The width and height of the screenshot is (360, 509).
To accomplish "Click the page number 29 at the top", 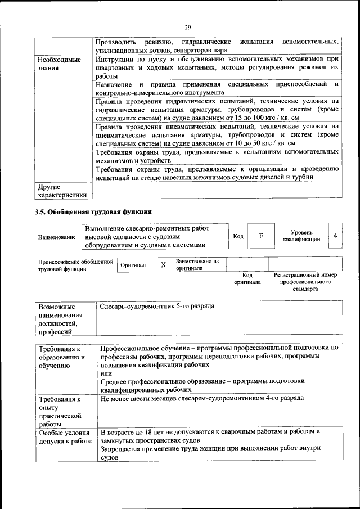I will click(188, 27).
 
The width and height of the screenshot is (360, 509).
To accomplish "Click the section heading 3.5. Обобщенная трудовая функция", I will click(93, 211).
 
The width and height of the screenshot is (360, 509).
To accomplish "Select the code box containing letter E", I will click(261, 236).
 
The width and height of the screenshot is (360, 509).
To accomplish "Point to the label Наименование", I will click(57, 237).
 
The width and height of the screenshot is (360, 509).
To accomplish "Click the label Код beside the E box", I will click(238, 236).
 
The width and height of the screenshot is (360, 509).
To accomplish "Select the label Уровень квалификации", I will click(302, 236).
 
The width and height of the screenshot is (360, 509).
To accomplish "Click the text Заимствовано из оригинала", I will click(197, 265).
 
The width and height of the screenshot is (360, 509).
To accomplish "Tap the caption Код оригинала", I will click(247, 278).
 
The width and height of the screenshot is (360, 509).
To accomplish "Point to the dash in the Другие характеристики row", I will click(97, 186).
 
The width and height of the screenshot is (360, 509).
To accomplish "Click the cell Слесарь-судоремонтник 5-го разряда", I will click(157, 307).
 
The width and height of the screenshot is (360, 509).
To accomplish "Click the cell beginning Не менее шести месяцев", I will click(202, 398).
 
